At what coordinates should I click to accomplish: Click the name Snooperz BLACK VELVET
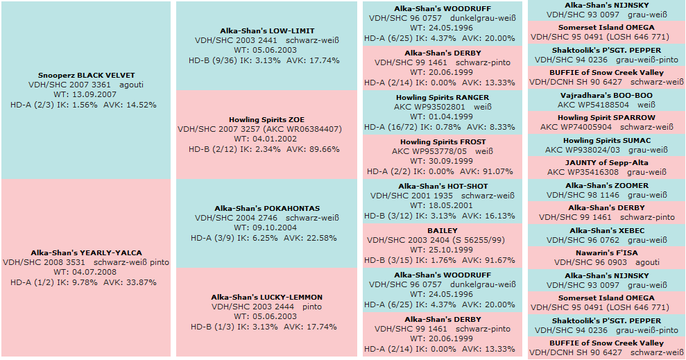click(x=87, y=75)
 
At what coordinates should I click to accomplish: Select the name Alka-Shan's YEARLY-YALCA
click(x=87, y=253)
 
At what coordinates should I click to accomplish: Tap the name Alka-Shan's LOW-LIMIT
click(x=267, y=31)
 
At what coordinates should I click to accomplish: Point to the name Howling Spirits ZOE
click(x=267, y=120)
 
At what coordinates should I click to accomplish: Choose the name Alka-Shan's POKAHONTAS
click(x=267, y=209)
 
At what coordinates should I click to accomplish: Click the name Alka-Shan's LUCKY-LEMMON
click(x=267, y=298)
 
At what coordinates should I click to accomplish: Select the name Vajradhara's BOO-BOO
click(x=607, y=96)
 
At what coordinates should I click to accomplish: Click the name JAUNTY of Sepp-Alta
click(x=607, y=163)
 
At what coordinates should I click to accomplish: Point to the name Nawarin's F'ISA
click(x=607, y=253)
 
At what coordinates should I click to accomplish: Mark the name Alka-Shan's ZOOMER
click(x=607, y=186)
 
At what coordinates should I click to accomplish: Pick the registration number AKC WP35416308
click(x=576, y=172)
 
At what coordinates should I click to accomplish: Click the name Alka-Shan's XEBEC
click(x=607, y=231)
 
